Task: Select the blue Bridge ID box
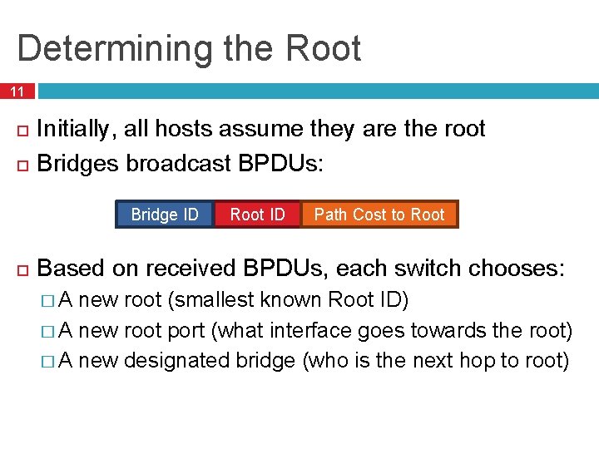(165, 215)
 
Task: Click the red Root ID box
(257, 215)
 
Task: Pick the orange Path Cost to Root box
(379, 215)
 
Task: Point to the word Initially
(79, 129)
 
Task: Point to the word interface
(313, 331)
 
